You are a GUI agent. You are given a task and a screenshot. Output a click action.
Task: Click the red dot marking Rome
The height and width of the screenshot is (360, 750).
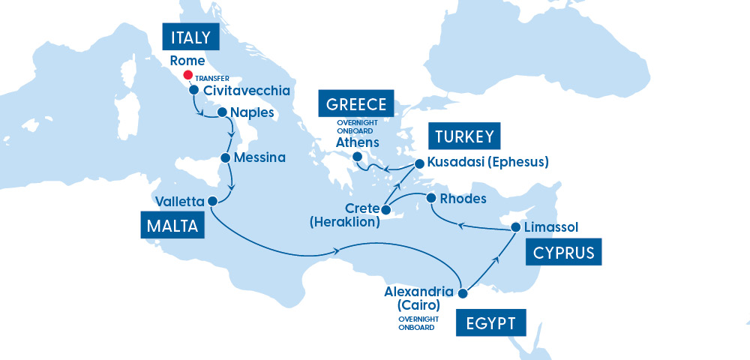coord(187,76)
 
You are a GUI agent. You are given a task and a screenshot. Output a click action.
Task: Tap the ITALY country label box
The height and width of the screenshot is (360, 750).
coord(190,37)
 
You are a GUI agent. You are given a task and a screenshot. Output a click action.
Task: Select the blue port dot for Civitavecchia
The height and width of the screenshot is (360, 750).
coord(193,91)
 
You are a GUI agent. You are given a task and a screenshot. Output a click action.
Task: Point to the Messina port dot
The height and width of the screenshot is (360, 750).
coord(226,158)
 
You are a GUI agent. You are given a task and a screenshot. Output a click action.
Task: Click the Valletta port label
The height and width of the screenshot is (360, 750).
coord(179,201)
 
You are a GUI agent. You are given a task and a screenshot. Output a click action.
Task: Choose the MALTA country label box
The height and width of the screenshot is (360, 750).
coord(172,226)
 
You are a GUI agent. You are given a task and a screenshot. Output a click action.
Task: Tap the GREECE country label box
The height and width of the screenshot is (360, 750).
coord(356,103)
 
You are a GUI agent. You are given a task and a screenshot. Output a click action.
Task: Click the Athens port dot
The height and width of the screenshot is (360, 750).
coord(358,157)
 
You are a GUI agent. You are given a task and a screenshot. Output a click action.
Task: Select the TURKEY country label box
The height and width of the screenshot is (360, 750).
coord(463,136)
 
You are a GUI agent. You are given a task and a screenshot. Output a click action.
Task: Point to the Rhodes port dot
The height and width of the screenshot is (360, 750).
coord(431,198)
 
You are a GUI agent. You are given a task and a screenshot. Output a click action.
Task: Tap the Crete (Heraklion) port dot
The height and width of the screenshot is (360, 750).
coord(385,208)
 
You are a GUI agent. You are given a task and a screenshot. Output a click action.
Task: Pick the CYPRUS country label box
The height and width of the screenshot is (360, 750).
coord(564,253)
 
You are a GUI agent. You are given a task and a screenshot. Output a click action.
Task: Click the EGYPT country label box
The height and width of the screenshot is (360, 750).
coord(491,324)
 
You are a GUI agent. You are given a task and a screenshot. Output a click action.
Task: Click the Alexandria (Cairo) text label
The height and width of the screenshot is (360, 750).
coord(418,298)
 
